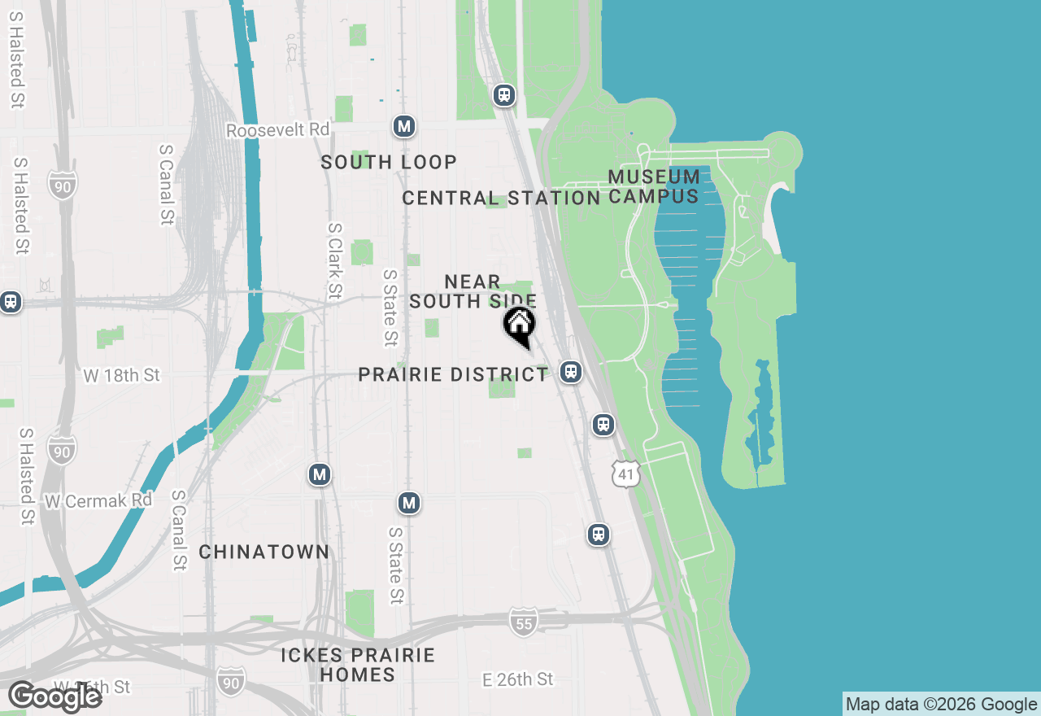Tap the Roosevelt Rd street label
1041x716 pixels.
click(278, 130)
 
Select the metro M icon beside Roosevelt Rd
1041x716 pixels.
click(404, 126)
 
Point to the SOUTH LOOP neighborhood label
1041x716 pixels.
click(389, 162)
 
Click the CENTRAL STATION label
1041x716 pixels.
click(501, 198)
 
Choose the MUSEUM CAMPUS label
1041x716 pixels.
click(654, 186)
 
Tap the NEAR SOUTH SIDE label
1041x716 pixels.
click(473, 291)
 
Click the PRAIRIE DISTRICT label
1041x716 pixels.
click(454, 374)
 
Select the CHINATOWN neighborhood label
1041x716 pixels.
click(264, 552)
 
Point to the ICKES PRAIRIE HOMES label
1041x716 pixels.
click(358, 665)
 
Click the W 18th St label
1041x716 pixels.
click(122, 375)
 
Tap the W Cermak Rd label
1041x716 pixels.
click(98, 500)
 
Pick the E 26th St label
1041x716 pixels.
click(518, 679)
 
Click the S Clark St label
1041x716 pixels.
click(334, 261)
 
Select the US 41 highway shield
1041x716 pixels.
click(625, 474)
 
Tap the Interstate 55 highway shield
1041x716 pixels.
click(524, 622)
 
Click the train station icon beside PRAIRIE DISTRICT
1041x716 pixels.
click(571, 372)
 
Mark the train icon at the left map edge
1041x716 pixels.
click(10, 301)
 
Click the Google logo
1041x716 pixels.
click(55, 696)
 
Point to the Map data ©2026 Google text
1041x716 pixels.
click(941, 704)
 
